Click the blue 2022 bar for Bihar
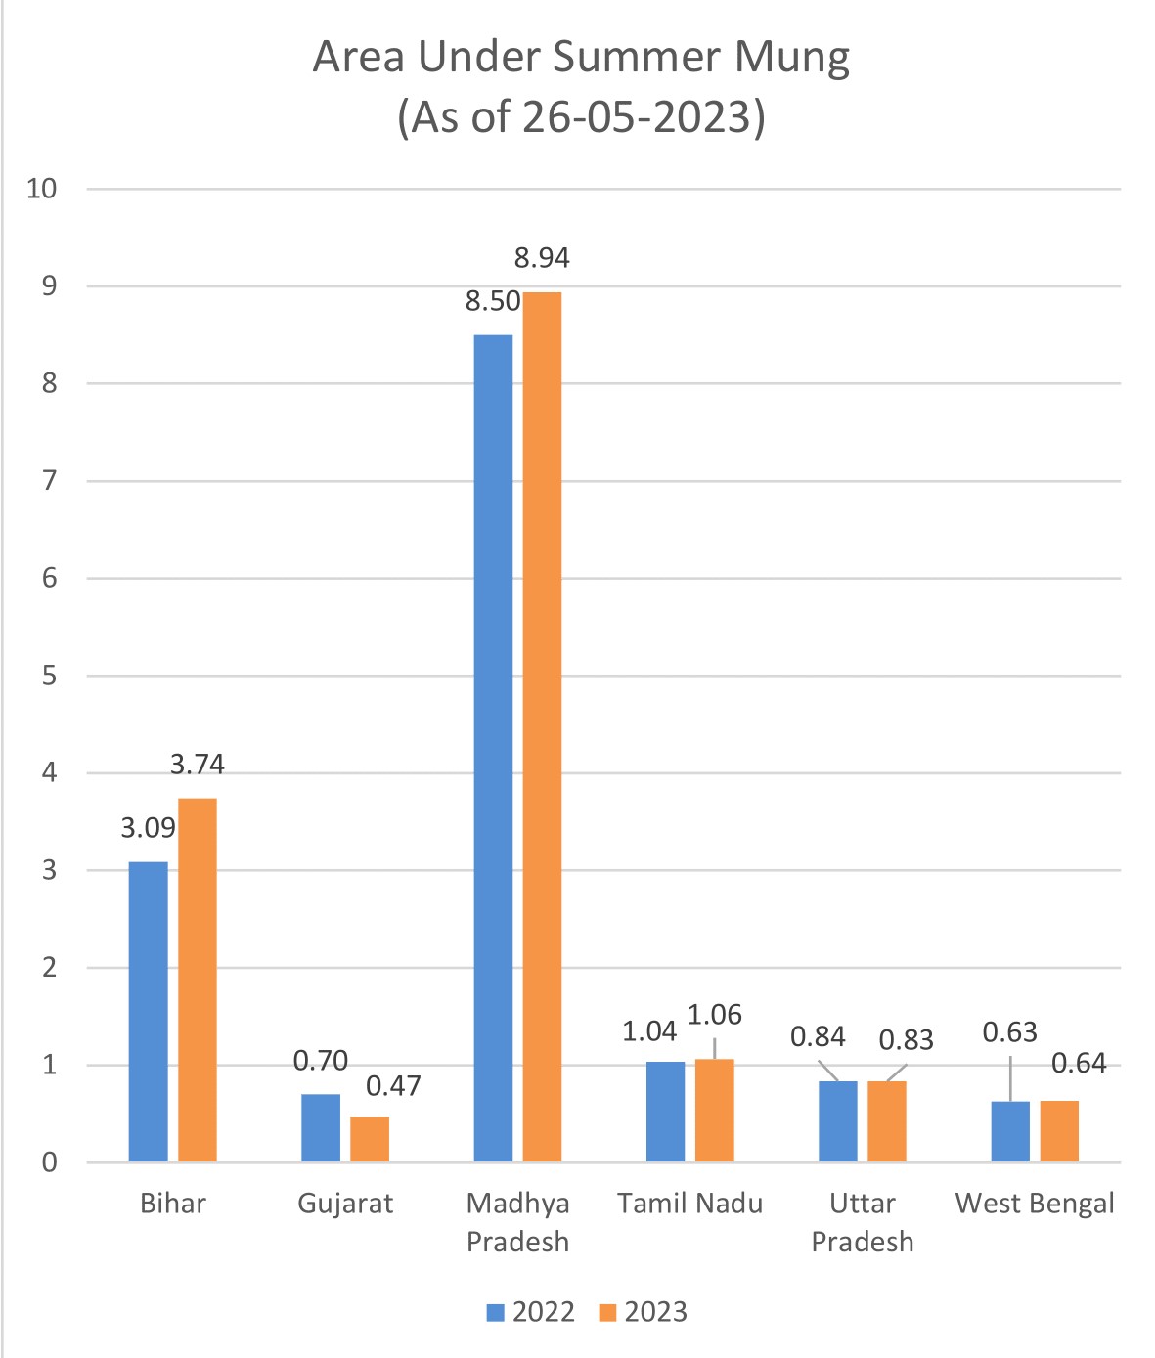(148, 1012)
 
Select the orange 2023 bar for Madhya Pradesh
(542, 726)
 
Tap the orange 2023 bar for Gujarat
(370, 1139)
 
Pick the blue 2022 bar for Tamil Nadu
(665, 1112)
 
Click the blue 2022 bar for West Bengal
(1010, 1131)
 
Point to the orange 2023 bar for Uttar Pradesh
(887, 1121)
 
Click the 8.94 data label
(542, 258)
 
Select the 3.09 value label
(148, 828)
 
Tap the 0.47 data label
(393, 1086)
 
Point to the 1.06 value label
(714, 1016)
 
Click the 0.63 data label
(1009, 1032)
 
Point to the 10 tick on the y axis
(42, 189)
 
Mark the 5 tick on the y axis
(50, 676)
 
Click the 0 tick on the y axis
(50, 1162)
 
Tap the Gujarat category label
(345, 1204)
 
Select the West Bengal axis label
(1035, 1204)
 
